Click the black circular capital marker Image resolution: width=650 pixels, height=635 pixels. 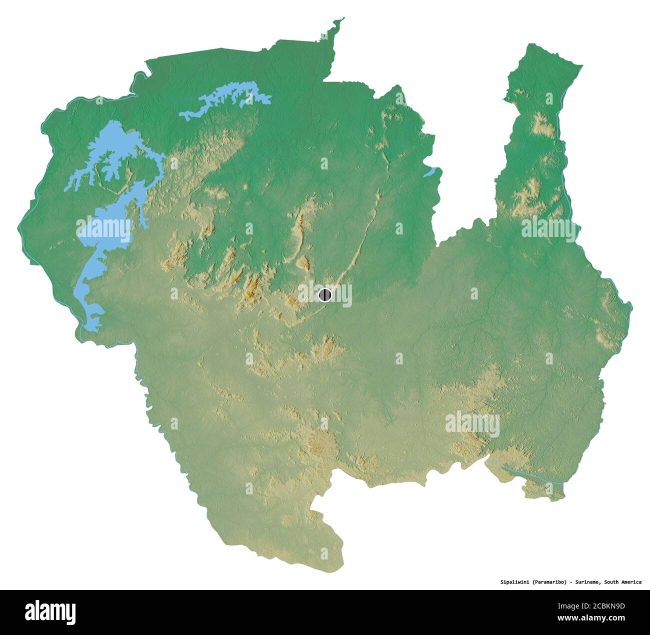(x=325, y=295)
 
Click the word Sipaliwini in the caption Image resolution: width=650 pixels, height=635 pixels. (x=515, y=582)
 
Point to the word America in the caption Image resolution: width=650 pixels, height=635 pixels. (x=629, y=582)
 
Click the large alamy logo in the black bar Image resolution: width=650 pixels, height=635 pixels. (x=50, y=611)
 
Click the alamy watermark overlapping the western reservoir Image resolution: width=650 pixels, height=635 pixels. (x=103, y=229)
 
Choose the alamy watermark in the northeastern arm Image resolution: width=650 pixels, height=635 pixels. (x=548, y=229)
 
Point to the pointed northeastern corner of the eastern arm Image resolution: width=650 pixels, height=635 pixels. (x=580, y=65)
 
